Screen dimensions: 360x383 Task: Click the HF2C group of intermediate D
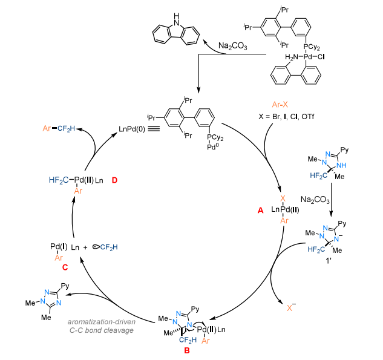click(59, 180)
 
